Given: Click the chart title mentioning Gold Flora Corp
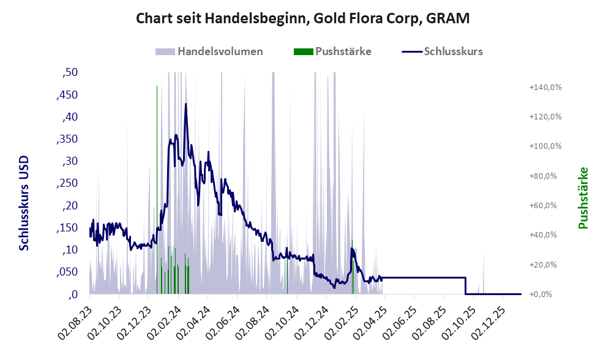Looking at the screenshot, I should [x=302, y=18].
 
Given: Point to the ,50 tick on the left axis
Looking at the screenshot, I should [x=70, y=73].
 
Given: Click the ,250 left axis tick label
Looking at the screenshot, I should [x=67, y=184].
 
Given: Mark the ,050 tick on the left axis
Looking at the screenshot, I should [x=67, y=272].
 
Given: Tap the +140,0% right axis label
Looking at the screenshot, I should [x=545, y=88].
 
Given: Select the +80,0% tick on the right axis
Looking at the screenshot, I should [x=545, y=176].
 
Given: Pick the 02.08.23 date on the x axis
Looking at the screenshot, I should [x=77, y=315].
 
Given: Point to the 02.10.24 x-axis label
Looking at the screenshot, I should [x=283, y=315].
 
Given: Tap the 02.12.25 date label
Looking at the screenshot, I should [x=489, y=315].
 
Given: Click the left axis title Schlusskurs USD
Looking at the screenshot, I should [x=24, y=202].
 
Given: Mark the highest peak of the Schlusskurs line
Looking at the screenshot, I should [x=185, y=105].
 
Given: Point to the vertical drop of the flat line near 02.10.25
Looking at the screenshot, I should [x=466, y=286].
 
